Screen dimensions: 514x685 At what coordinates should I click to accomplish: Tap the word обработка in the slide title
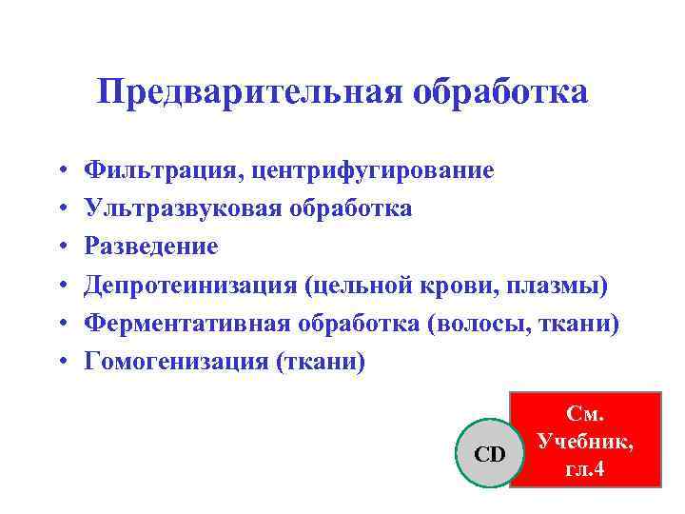500,93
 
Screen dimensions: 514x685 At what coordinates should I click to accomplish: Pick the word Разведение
151,247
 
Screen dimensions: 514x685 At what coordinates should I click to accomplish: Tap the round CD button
489,454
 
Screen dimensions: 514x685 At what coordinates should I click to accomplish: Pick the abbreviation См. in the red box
585,415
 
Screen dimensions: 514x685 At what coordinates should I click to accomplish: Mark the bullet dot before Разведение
60,247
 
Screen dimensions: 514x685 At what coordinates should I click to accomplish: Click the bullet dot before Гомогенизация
60,363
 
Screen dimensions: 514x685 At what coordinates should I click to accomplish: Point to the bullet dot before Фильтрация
60,171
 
